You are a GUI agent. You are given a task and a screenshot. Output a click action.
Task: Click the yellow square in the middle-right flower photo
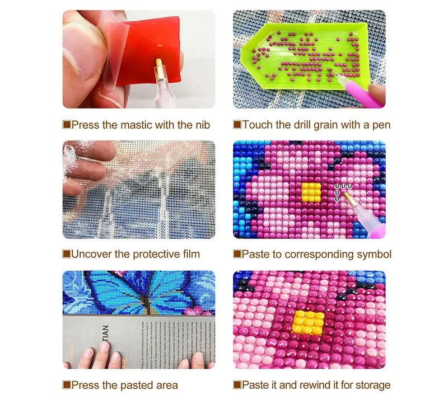point(311,192)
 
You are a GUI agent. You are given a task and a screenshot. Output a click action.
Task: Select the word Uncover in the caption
point(91,255)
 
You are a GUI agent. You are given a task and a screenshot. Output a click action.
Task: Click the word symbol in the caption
point(374,255)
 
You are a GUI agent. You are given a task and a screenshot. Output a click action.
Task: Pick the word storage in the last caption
point(371,385)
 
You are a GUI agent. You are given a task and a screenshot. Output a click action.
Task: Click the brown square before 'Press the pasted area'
point(66,385)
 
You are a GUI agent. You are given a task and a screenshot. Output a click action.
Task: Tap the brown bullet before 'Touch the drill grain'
point(237,125)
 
